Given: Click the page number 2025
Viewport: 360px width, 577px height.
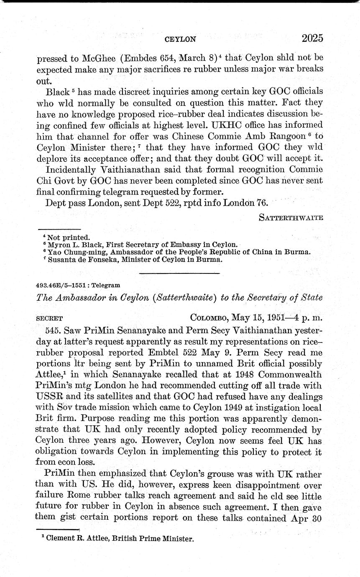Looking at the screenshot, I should (312, 38).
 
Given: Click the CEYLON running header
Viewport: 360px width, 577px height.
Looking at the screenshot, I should (180, 40).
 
